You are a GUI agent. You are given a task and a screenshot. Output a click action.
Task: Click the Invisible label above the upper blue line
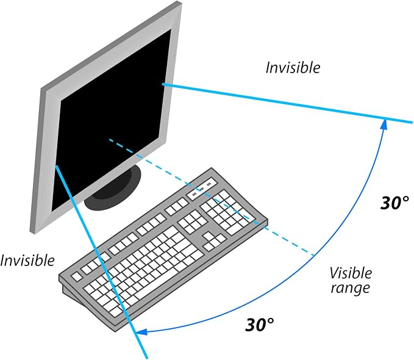coord(293,67)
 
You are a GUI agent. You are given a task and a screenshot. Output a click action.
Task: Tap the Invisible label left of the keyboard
coord(27,260)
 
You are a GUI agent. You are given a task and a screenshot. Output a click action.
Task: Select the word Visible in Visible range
coord(351,273)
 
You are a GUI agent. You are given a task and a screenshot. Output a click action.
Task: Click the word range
coord(351,287)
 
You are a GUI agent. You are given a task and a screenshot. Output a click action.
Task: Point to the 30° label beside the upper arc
coord(394,203)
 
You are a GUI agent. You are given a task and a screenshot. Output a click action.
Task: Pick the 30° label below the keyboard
coord(260,325)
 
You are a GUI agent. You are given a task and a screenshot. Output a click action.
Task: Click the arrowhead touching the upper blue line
coord(384,124)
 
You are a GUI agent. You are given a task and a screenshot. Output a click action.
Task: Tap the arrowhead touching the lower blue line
coord(142,332)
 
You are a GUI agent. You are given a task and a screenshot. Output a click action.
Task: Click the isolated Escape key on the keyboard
coord(77,276)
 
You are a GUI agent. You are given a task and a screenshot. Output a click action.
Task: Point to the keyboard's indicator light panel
coord(201,188)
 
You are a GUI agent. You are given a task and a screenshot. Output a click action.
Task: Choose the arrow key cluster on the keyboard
coord(215,241)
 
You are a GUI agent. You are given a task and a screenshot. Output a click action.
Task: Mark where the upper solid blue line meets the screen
coord(163,84)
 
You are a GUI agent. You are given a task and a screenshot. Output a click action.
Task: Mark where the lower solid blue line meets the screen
coord(56,166)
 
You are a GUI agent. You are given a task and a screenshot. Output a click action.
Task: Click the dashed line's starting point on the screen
coord(110,140)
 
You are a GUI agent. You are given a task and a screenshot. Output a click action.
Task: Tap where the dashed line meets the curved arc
coord(313,256)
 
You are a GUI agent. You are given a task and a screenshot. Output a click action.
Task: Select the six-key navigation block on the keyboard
coord(193,221)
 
